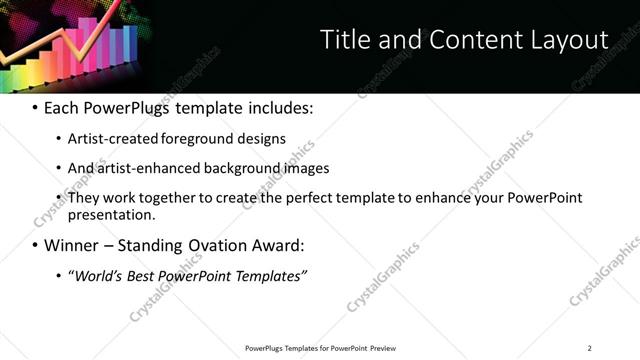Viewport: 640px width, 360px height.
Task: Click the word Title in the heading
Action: pos(342,40)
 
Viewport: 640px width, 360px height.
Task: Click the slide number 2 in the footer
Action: pos(589,347)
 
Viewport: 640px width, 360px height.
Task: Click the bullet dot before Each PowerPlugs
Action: pos(36,107)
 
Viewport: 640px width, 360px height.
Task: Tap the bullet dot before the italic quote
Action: pos(59,275)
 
